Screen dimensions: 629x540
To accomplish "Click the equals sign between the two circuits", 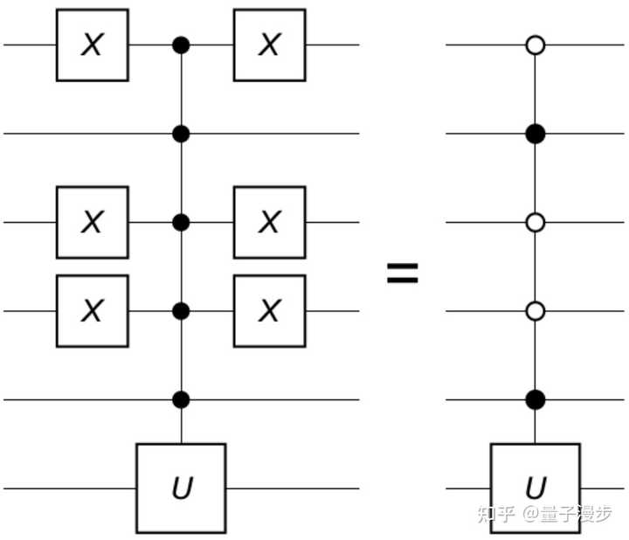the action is [403, 273].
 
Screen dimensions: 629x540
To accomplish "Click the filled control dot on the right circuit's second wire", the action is [536, 134].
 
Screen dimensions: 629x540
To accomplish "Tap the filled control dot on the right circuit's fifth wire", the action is [536, 399].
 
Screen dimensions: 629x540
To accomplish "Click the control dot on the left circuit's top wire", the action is [181, 45].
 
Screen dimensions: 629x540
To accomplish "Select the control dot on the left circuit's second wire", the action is [181, 134].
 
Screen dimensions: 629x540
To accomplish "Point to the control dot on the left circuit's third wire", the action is [181, 222].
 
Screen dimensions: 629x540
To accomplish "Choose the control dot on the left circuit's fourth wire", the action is [181, 311].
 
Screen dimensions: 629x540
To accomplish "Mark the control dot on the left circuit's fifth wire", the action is [181, 399].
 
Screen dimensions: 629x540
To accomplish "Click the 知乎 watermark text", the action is [496, 514].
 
